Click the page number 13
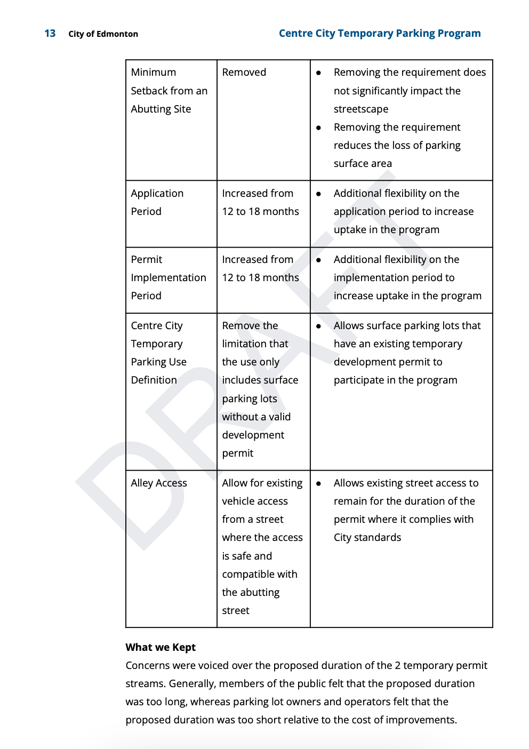(50, 34)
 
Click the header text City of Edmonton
(103, 34)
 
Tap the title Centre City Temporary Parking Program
(379, 34)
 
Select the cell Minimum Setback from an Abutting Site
(169, 91)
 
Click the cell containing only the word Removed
(244, 73)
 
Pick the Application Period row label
(157, 202)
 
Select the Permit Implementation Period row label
(168, 277)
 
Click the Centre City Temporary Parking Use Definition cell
(158, 353)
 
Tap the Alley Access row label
(159, 483)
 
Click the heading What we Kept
(161, 647)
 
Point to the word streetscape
(361, 109)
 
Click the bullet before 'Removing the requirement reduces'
(318, 128)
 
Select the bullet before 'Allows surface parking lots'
(318, 326)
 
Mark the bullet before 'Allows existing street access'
(318, 483)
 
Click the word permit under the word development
(238, 453)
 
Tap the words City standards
(367, 538)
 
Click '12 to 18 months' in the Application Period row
(260, 212)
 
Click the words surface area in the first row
(363, 164)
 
